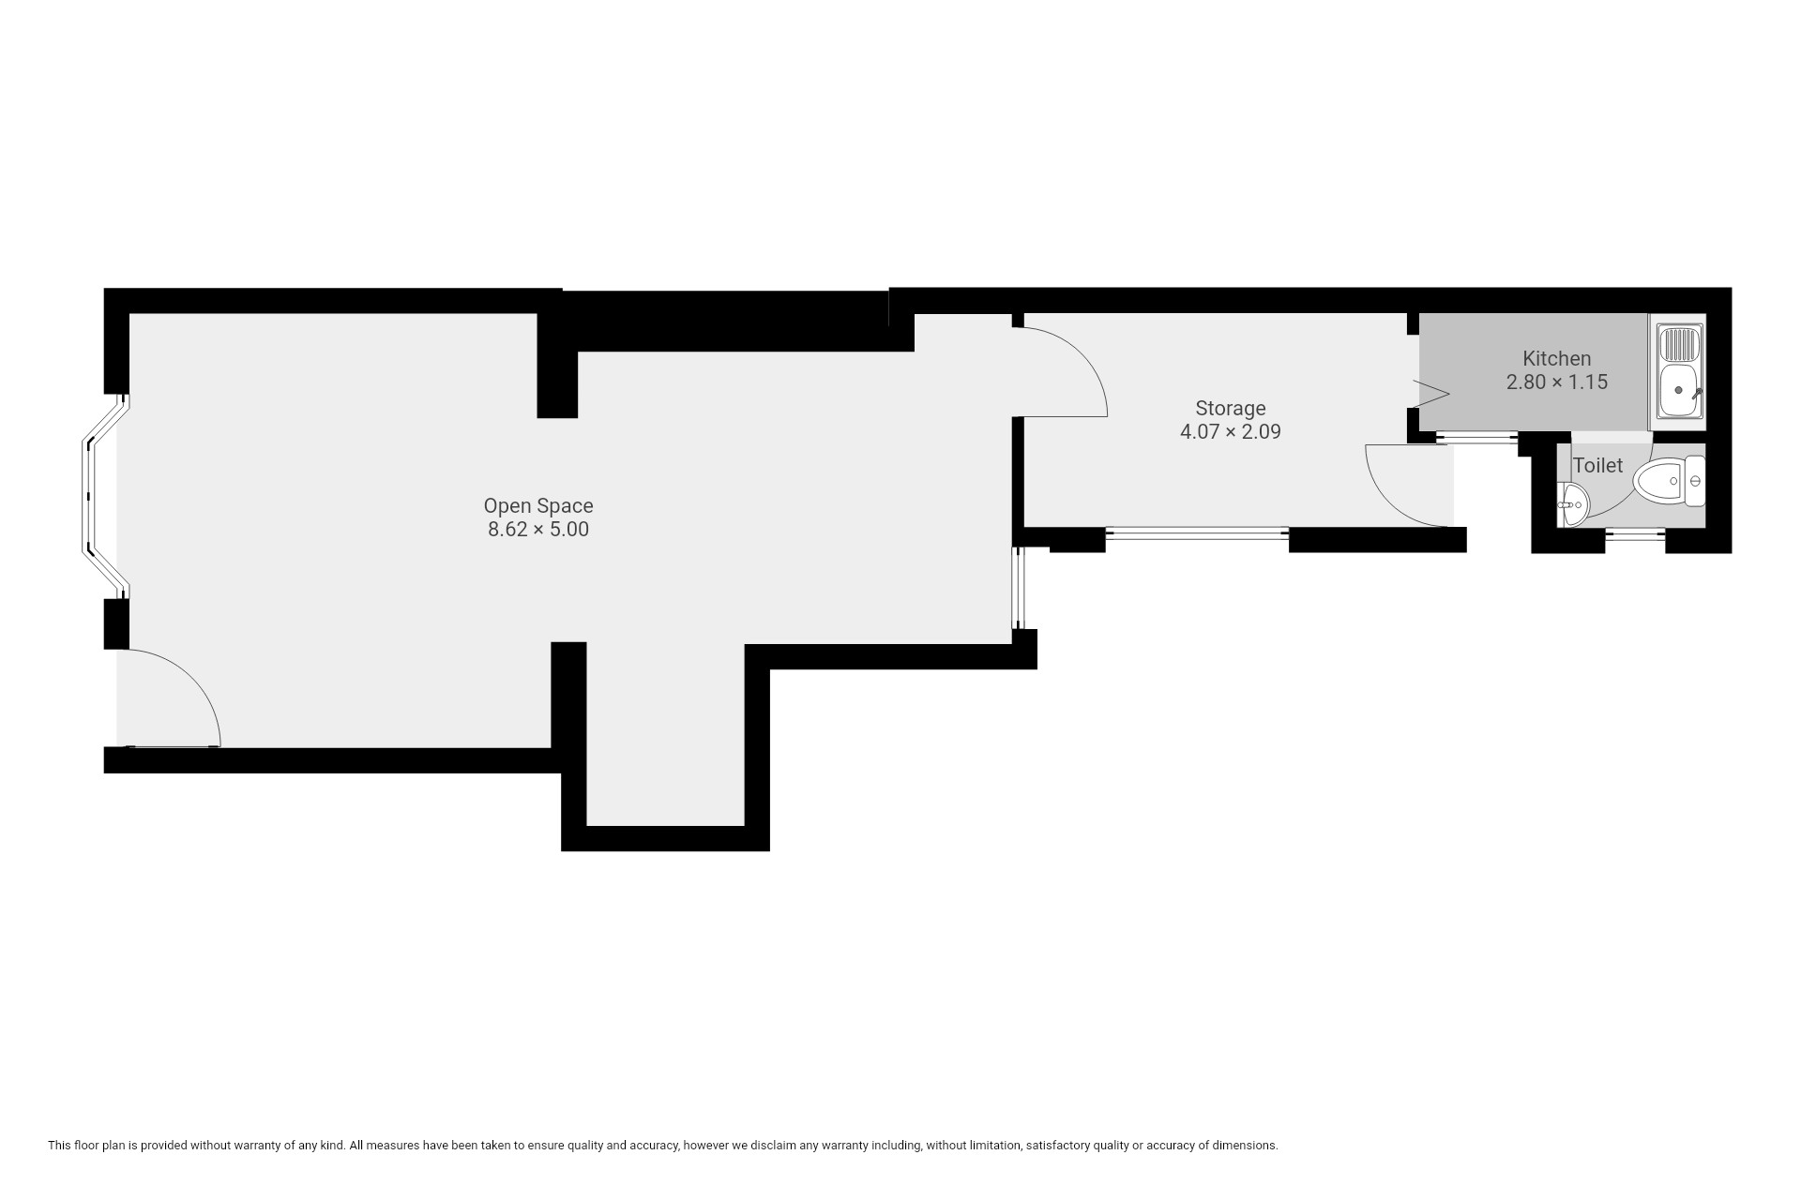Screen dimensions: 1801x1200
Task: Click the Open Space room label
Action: click(538, 506)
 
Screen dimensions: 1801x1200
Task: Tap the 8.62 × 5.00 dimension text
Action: click(538, 530)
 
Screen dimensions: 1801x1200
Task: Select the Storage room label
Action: click(1231, 409)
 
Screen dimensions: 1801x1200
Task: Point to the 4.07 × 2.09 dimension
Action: click(1231, 432)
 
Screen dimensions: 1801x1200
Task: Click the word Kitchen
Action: click(1557, 358)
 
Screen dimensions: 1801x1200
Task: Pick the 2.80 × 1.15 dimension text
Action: click(1557, 382)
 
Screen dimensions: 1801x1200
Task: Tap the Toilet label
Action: click(1598, 465)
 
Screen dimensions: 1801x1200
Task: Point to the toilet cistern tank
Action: click(1695, 482)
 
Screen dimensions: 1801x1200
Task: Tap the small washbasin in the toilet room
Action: click(1573, 504)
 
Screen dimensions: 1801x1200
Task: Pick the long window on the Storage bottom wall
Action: click(1197, 534)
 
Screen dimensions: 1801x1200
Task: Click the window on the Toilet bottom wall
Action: click(1635, 535)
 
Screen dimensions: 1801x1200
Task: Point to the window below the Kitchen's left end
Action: click(1477, 437)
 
